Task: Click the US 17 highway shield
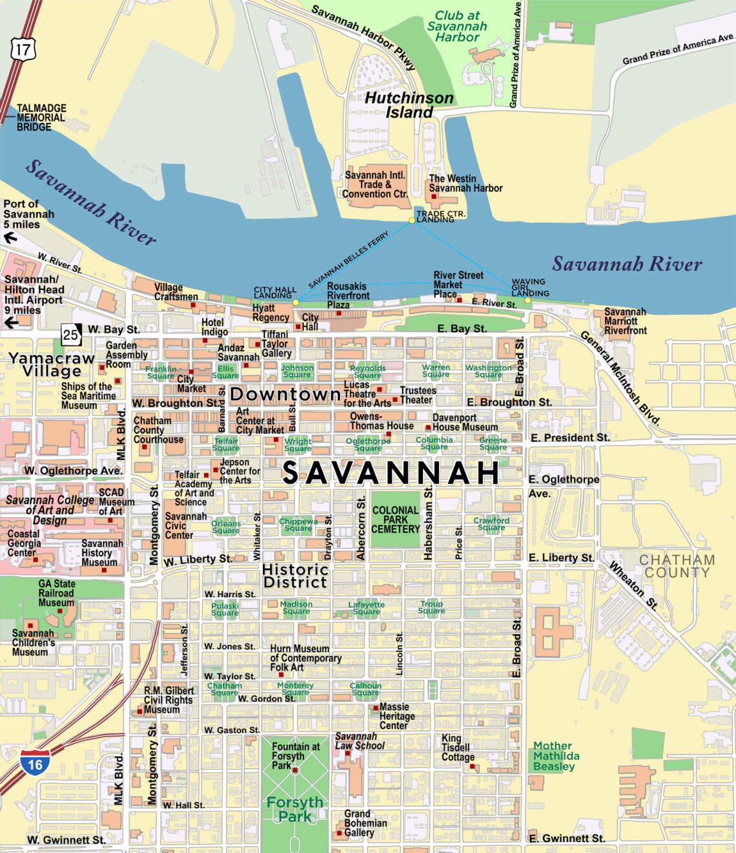click(x=23, y=49)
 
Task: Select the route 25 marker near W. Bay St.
click(x=71, y=334)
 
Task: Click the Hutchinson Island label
click(x=409, y=105)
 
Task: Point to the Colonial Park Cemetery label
click(x=395, y=520)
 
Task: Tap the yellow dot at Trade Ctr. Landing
click(x=412, y=221)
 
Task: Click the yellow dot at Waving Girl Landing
click(x=527, y=300)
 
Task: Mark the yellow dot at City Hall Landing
click(x=296, y=302)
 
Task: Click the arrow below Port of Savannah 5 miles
click(x=10, y=238)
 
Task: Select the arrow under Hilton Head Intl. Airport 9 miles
click(x=10, y=322)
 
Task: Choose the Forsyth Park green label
click(x=295, y=809)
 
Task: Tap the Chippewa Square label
click(x=298, y=525)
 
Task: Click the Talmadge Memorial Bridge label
click(x=41, y=118)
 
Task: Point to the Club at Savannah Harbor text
click(x=457, y=26)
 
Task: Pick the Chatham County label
click(x=677, y=566)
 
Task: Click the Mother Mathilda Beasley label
click(x=556, y=756)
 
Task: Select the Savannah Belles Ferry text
click(x=349, y=260)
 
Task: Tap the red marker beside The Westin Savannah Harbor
click(x=434, y=196)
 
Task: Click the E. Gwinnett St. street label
click(x=567, y=838)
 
